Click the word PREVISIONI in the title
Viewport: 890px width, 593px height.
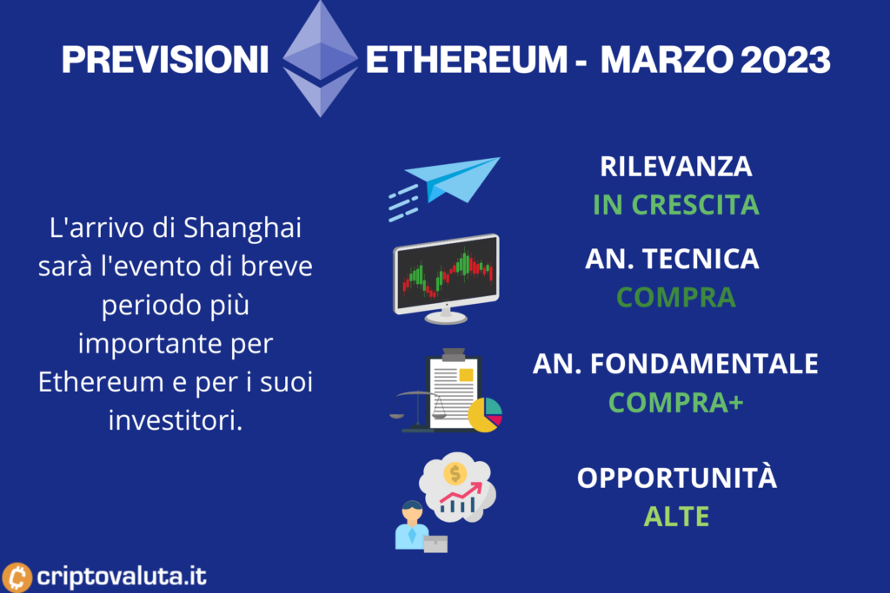(164, 60)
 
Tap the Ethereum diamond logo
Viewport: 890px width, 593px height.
(320, 58)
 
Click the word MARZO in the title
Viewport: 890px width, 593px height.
(667, 60)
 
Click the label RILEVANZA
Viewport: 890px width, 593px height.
(676, 167)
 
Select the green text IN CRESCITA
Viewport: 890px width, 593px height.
(676, 205)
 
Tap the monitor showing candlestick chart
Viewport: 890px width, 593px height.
(446, 279)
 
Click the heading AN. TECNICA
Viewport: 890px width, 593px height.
(672, 259)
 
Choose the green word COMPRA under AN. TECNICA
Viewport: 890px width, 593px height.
(676, 297)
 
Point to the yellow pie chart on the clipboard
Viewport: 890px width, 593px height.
(485, 415)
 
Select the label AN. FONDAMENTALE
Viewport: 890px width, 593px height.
(675, 364)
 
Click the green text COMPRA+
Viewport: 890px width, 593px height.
(676, 403)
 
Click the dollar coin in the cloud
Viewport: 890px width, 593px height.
(455, 473)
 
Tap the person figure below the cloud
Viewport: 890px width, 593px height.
(412, 525)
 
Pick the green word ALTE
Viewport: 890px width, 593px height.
(676, 517)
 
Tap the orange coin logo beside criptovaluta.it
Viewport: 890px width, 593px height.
(17, 577)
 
